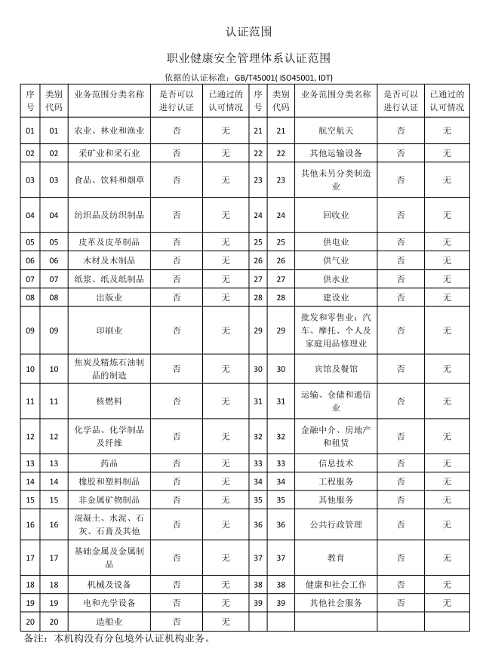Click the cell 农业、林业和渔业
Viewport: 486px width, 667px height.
pyautogui.click(x=109, y=131)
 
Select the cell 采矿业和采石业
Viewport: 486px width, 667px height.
pyautogui.click(x=109, y=153)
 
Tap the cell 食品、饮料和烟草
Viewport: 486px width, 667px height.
pyautogui.click(x=109, y=180)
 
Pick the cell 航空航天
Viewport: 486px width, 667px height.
pyautogui.click(x=336, y=131)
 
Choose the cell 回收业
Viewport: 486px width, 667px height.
pyautogui.click(x=336, y=215)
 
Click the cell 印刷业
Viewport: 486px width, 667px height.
pyautogui.click(x=109, y=330)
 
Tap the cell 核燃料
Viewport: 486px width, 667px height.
pyautogui.click(x=109, y=401)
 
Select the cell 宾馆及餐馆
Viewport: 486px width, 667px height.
pyautogui.click(x=336, y=369)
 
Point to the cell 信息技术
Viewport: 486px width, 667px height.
pyautogui.click(x=336, y=463)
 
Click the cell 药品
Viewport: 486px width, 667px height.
pyautogui.click(x=109, y=463)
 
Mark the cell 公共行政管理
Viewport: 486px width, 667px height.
pyautogui.click(x=336, y=524)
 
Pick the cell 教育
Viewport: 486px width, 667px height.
pyautogui.click(x=336, y=558)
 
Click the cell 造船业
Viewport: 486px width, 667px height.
pyautogui.click(x=109, y=622)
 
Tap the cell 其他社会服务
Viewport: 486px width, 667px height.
pyautogui.click(x=336, y=603)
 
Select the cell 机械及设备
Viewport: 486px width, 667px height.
pyautogui.click(x=109, y=584)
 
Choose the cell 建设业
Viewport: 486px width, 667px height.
pyautogui.click(x=336, y=297)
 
